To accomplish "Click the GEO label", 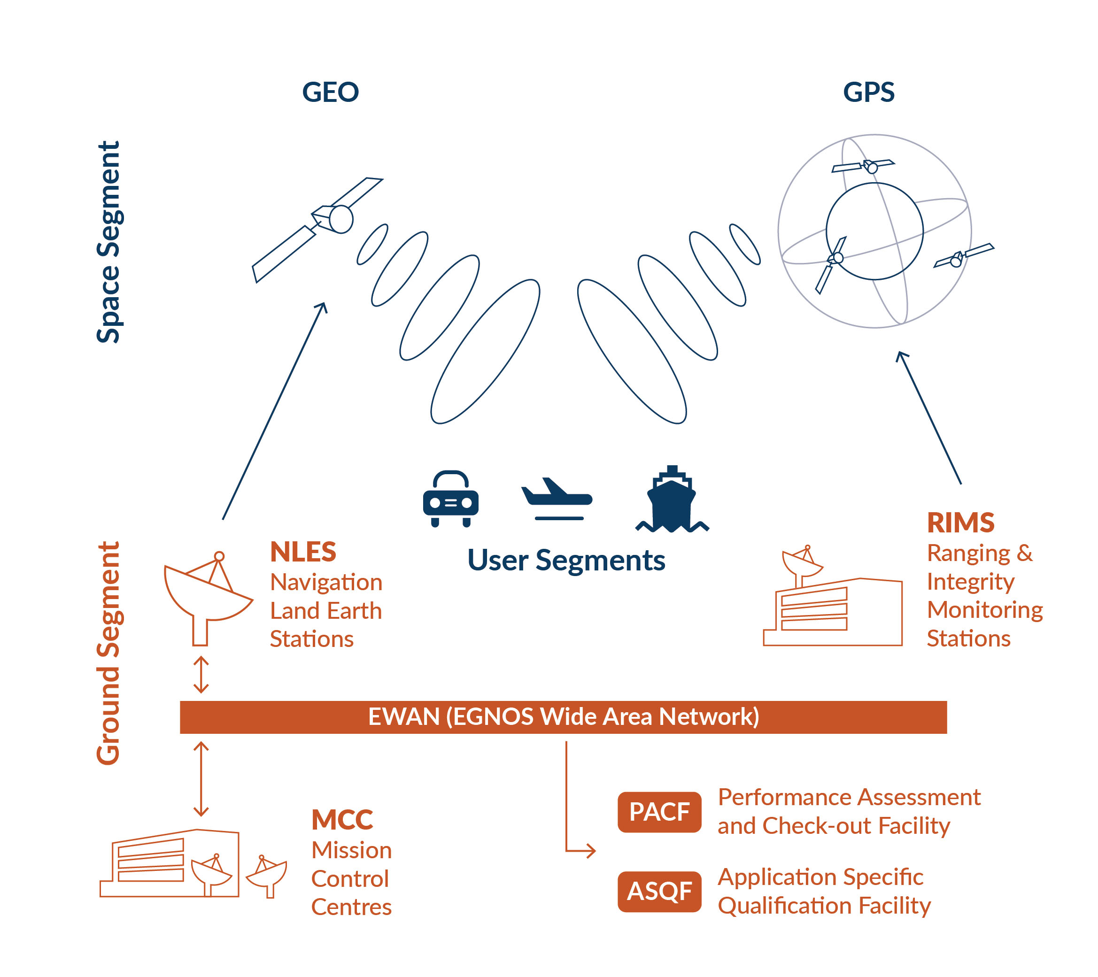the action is pos(330,92).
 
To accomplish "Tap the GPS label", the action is pos(869,92).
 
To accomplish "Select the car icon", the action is pos(451,499).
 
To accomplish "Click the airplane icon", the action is pos(557,499).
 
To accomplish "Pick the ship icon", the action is pos(672,499).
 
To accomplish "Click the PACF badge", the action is pos(659,812).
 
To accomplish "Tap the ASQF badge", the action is pos(659,892).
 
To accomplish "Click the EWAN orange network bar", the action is pos(563,717).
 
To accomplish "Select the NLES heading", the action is pos(303,552).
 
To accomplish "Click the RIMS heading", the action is pos(961,522).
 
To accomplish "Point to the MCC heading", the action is pos(342,820).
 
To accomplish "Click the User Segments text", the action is pos(566,560).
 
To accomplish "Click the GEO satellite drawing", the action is pos(317,230).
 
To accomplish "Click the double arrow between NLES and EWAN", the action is pos(201,674).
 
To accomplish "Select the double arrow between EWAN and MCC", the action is pos(201,779).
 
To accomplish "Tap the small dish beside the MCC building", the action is pos(266,876).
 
